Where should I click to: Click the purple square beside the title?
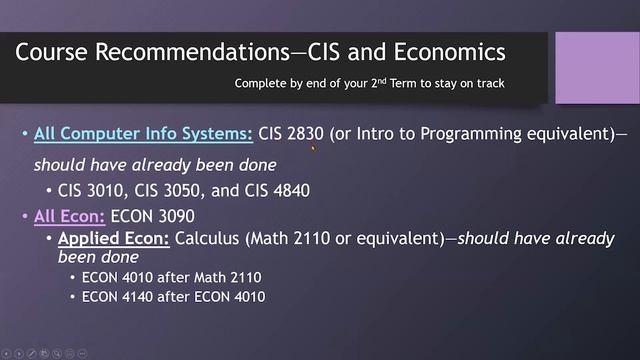point(596,67)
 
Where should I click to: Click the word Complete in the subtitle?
point(262,84)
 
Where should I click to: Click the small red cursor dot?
point(314,148)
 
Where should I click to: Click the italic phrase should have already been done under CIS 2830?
point(155,164)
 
